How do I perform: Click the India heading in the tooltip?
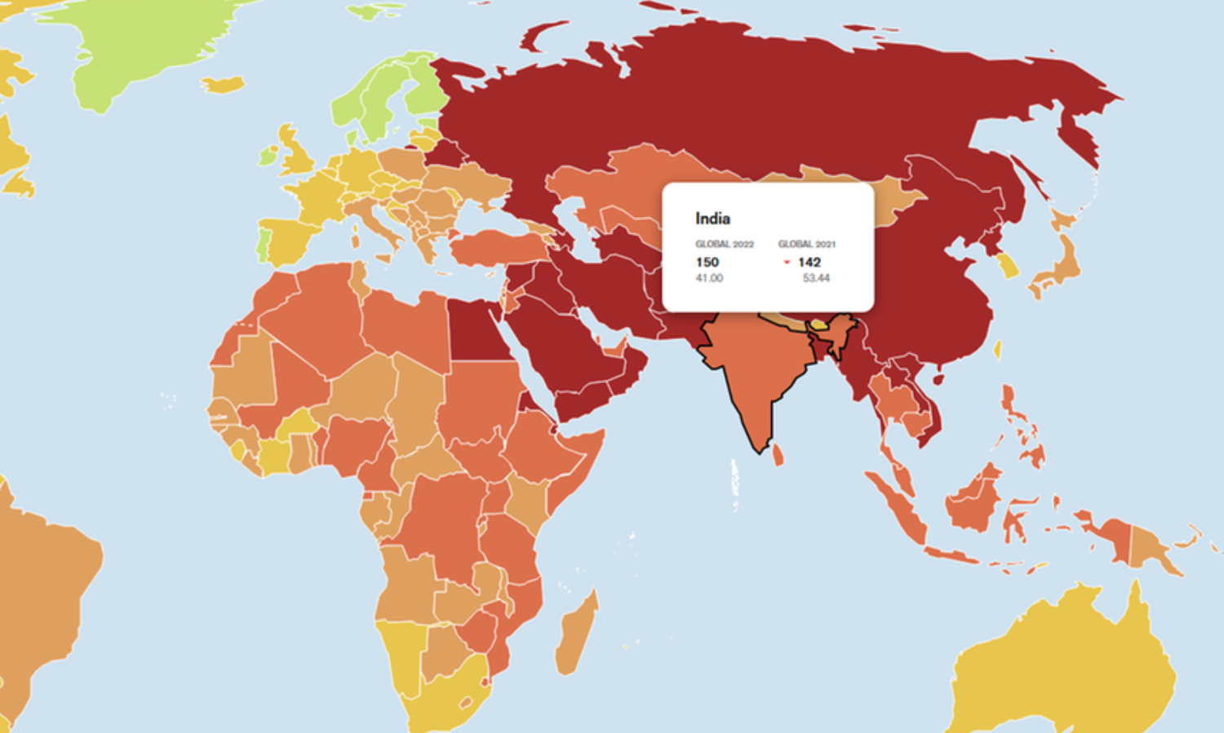pos(712,219)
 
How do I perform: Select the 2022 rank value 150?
pos(707,262)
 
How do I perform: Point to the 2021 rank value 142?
pos(809,262)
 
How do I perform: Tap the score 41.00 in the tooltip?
pos(709,278)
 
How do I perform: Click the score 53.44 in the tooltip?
pos(816,278)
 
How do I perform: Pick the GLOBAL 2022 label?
pos(725,244)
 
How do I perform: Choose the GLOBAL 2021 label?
pos(807,244)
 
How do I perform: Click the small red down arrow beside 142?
pos(787,263)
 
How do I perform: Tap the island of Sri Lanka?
pos(778,454)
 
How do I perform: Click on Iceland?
pos(223,84)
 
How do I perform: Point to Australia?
pos(1069,660)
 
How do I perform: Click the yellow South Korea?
pos(1009,266)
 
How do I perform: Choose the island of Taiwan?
pos(998,350)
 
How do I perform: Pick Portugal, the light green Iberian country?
pos(263,244)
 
